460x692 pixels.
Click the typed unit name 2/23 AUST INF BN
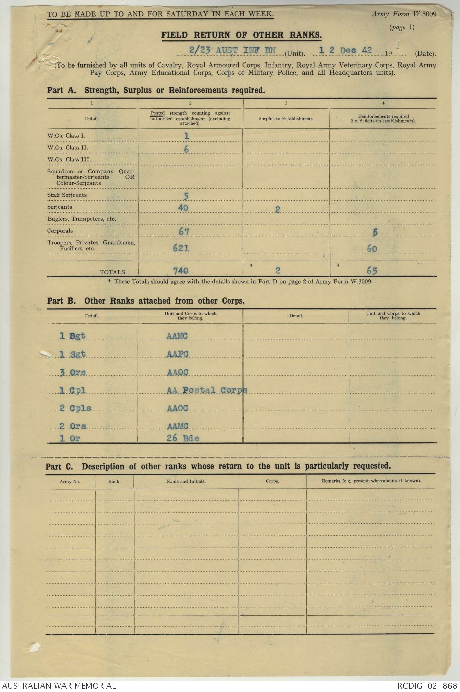(232, 51)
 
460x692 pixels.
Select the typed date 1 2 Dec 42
(345, 51)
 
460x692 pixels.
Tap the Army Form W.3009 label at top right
(404, 14)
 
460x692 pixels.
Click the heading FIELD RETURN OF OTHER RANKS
(241, 35)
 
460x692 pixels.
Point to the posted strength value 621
(181, 247)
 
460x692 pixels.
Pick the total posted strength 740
(181, 271)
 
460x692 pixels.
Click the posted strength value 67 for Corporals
(184, 231)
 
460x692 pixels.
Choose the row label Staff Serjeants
(67, 195)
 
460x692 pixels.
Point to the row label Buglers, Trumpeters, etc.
(81, 219)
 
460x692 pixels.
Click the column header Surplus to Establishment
(286, 119)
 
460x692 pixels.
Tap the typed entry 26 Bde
(183, 438)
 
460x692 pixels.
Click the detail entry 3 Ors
(73, 372)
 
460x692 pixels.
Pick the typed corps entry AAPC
(177, 354)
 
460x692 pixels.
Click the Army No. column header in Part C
(70, 481)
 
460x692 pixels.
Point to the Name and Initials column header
(186, 481)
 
